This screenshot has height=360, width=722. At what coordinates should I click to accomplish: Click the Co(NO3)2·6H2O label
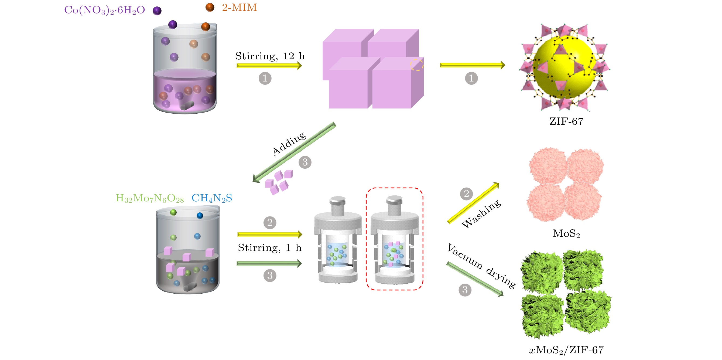104,10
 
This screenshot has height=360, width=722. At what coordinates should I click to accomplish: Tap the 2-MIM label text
239,8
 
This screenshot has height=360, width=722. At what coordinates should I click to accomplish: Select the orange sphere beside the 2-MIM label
210,8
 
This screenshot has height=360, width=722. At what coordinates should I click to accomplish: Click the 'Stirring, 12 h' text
270,56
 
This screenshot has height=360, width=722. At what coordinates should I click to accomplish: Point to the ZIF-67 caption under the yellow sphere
566,121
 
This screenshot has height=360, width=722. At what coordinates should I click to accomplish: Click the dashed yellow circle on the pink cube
416,65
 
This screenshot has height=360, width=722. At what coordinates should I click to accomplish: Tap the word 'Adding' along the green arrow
289,143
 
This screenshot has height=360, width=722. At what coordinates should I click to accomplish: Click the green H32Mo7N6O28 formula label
150,199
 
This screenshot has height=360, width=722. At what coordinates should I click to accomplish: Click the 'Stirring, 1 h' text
270,248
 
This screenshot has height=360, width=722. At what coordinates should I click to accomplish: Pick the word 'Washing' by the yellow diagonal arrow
481,214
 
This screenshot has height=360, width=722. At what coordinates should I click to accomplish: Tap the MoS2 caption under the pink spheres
566,233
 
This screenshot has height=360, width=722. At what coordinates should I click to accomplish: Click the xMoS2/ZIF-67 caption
566,350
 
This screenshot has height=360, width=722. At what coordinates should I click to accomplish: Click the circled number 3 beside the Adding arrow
305,162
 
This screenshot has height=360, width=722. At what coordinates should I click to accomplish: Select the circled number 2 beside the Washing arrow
466,194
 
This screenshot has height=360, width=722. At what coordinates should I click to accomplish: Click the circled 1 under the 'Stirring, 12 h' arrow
265,78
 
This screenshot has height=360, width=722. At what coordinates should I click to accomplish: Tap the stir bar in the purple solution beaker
187,106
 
